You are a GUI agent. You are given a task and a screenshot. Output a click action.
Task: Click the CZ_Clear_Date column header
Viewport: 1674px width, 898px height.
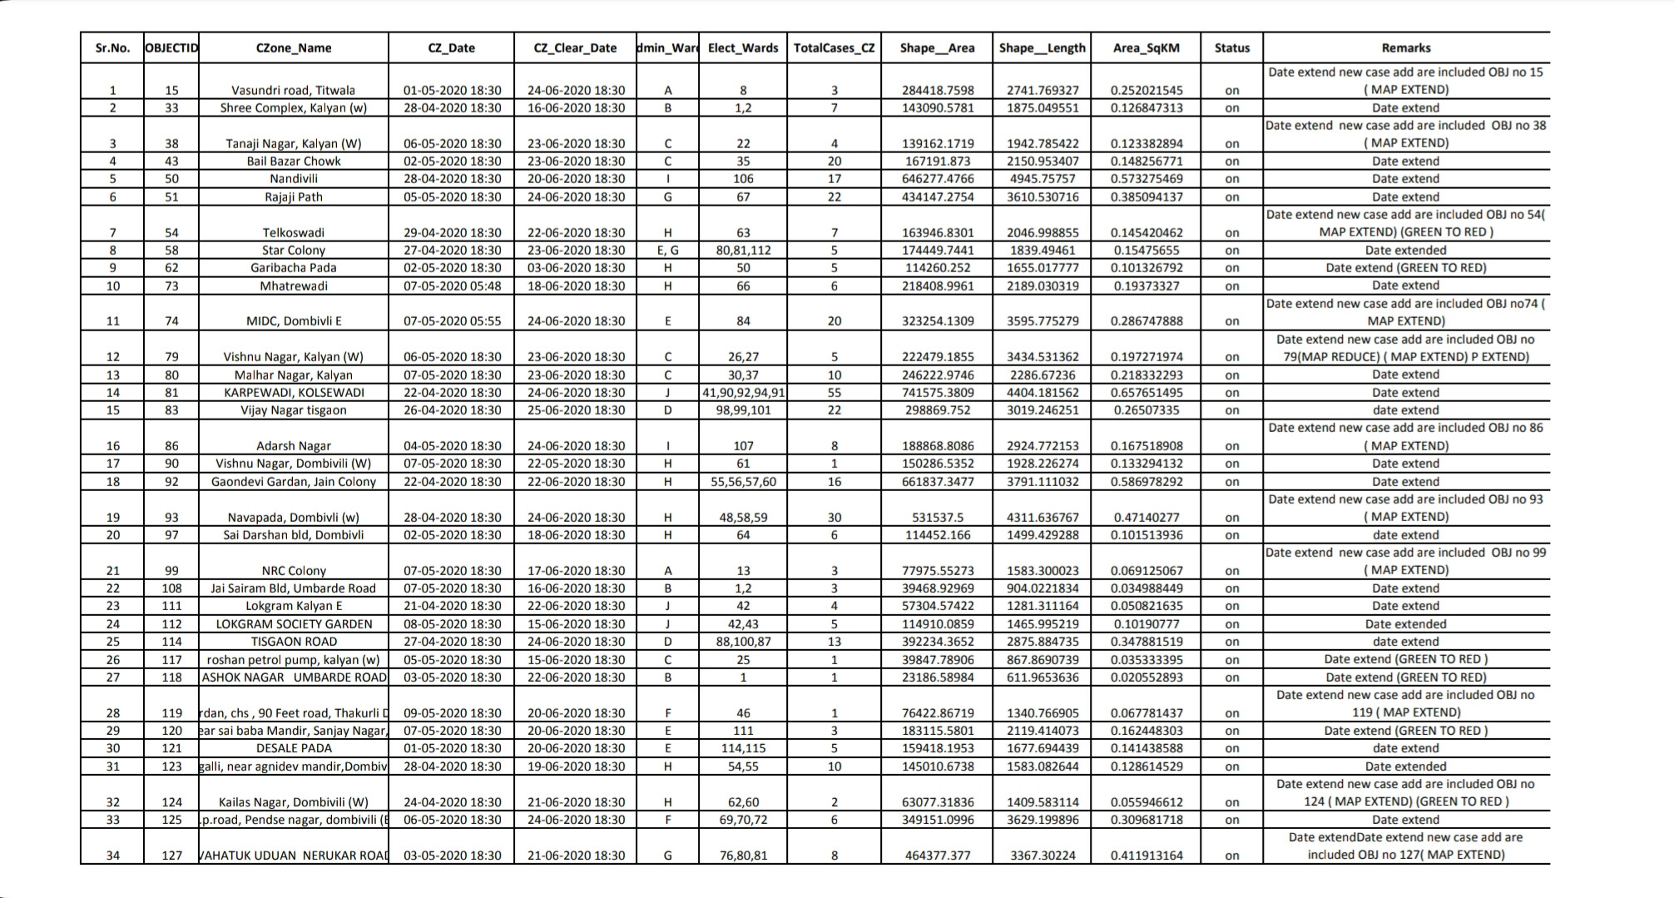575,47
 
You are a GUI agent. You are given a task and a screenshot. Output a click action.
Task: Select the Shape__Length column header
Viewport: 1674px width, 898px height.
1042,47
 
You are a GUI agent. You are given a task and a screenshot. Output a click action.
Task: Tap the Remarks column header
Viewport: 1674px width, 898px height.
1405,47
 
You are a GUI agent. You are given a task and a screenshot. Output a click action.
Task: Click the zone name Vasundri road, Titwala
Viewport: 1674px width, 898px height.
293,90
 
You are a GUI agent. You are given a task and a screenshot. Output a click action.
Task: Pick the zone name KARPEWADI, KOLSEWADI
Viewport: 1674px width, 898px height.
293,392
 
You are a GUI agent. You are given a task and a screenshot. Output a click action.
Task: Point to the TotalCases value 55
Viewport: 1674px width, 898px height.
834,392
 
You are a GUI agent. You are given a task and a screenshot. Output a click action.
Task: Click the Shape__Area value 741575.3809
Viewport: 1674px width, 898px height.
938,392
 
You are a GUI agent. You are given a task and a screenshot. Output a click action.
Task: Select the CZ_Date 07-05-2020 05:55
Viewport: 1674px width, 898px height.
452,320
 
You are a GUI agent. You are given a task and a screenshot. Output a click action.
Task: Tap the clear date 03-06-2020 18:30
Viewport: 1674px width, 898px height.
575,267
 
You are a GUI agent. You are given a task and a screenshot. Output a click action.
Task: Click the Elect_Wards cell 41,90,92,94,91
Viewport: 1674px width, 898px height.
743,392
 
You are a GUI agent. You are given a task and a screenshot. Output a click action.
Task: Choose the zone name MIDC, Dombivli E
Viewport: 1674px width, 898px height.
293,320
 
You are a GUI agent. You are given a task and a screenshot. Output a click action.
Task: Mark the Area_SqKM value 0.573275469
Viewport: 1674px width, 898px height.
1146,178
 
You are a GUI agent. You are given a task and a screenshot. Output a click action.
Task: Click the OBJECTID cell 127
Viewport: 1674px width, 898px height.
171,855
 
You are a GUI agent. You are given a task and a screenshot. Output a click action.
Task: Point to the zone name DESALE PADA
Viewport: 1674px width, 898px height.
293,747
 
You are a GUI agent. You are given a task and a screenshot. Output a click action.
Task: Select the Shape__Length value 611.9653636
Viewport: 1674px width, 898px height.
1042,677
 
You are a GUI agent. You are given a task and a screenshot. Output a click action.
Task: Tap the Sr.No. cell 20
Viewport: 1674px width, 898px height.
112,534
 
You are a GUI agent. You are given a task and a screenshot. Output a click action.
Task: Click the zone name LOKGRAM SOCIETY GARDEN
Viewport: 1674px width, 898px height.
293,623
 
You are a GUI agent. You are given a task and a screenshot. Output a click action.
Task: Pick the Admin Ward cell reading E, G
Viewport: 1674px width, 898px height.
667,250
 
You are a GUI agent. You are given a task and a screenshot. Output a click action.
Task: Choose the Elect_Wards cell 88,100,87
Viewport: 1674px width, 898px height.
743,641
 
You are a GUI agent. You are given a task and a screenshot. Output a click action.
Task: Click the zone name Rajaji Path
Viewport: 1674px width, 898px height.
293,196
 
